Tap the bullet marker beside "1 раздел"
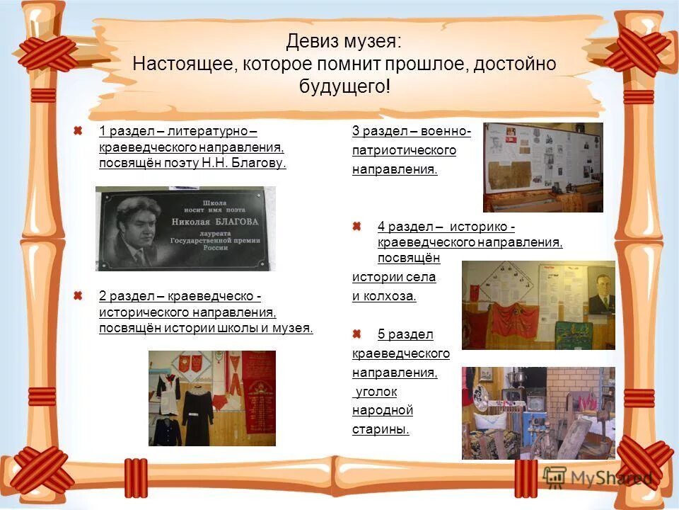coord(79,130)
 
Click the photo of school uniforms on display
coord(211,398)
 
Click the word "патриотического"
coord(404,150)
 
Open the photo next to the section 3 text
coord(542,167)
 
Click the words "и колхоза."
coord(384,296)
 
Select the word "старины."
coord(381,429)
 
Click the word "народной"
coord(383,410)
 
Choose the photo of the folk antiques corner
coord(538,413)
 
